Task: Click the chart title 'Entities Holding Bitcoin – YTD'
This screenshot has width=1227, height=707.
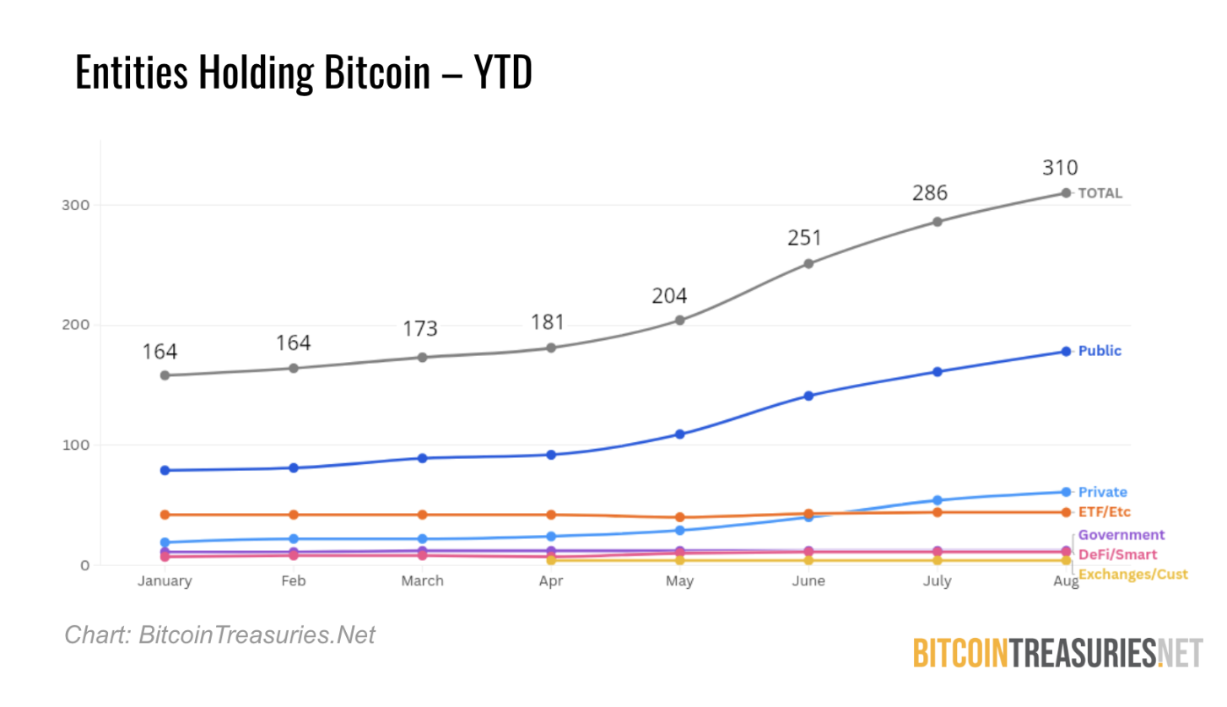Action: coord(304,73)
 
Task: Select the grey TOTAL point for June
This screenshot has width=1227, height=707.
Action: coord(808,263)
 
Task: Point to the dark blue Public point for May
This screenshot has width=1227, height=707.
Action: coord(679,434)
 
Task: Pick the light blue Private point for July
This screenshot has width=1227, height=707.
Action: coord(937,500)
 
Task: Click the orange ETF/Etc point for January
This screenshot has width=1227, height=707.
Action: coord(165,515)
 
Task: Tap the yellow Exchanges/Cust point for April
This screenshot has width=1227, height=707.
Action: coord(551,560)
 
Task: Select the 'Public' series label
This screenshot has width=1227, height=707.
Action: coord(1100,351)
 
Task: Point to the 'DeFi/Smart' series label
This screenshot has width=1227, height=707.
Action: coord(1117,554)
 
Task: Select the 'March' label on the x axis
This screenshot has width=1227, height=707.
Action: coord(422,581)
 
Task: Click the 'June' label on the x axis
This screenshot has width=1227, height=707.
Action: coord(808,581)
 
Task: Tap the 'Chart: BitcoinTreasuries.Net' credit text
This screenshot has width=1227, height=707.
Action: coord(219,635)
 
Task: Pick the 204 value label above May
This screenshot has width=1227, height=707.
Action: coord(668,296)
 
